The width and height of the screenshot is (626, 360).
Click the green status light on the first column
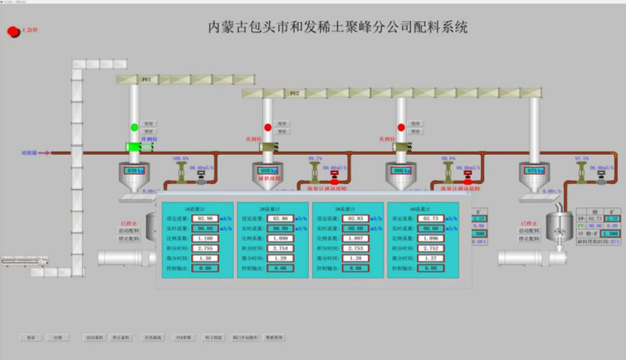pyautogui.click(x=134, y=127)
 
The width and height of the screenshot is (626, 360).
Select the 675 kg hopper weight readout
pyautogui.click(x=536, y=171)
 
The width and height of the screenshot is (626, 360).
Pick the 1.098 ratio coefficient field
pyautogui.click(x=280, y=237)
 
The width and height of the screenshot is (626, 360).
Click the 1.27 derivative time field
pyautogui.click(x=430, y=257)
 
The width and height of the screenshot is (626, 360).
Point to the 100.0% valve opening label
pyautogui.click(x=181, y=158)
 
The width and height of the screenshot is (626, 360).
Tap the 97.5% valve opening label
pyautogui.click(x=581, y=158)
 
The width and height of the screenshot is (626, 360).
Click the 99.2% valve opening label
pyautogui.click(x=315, y=158)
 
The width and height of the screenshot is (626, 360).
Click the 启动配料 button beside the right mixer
pyautogui.click(x=530, y=231)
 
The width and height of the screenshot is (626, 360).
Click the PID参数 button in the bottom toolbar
pyautogui.click(x=183, y=337)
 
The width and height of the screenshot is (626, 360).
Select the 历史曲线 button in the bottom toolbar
pyautogui.click(x=155, y=337)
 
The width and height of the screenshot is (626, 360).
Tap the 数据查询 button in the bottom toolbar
pyautogui.click(x=274, y=337)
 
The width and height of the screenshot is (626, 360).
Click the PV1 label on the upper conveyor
pyautogui.click(x=145, y=80)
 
